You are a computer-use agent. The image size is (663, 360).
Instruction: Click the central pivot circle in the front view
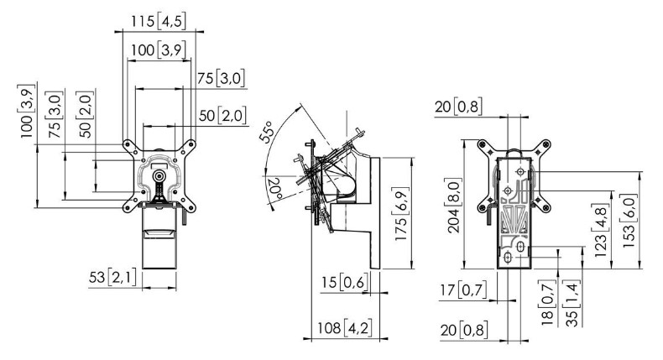click(159, 176)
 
